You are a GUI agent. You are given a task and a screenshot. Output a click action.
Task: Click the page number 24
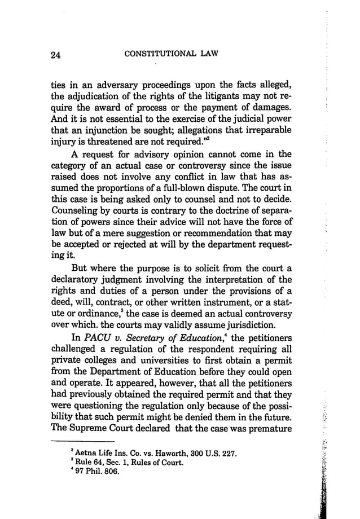click(x=55, y=55)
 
